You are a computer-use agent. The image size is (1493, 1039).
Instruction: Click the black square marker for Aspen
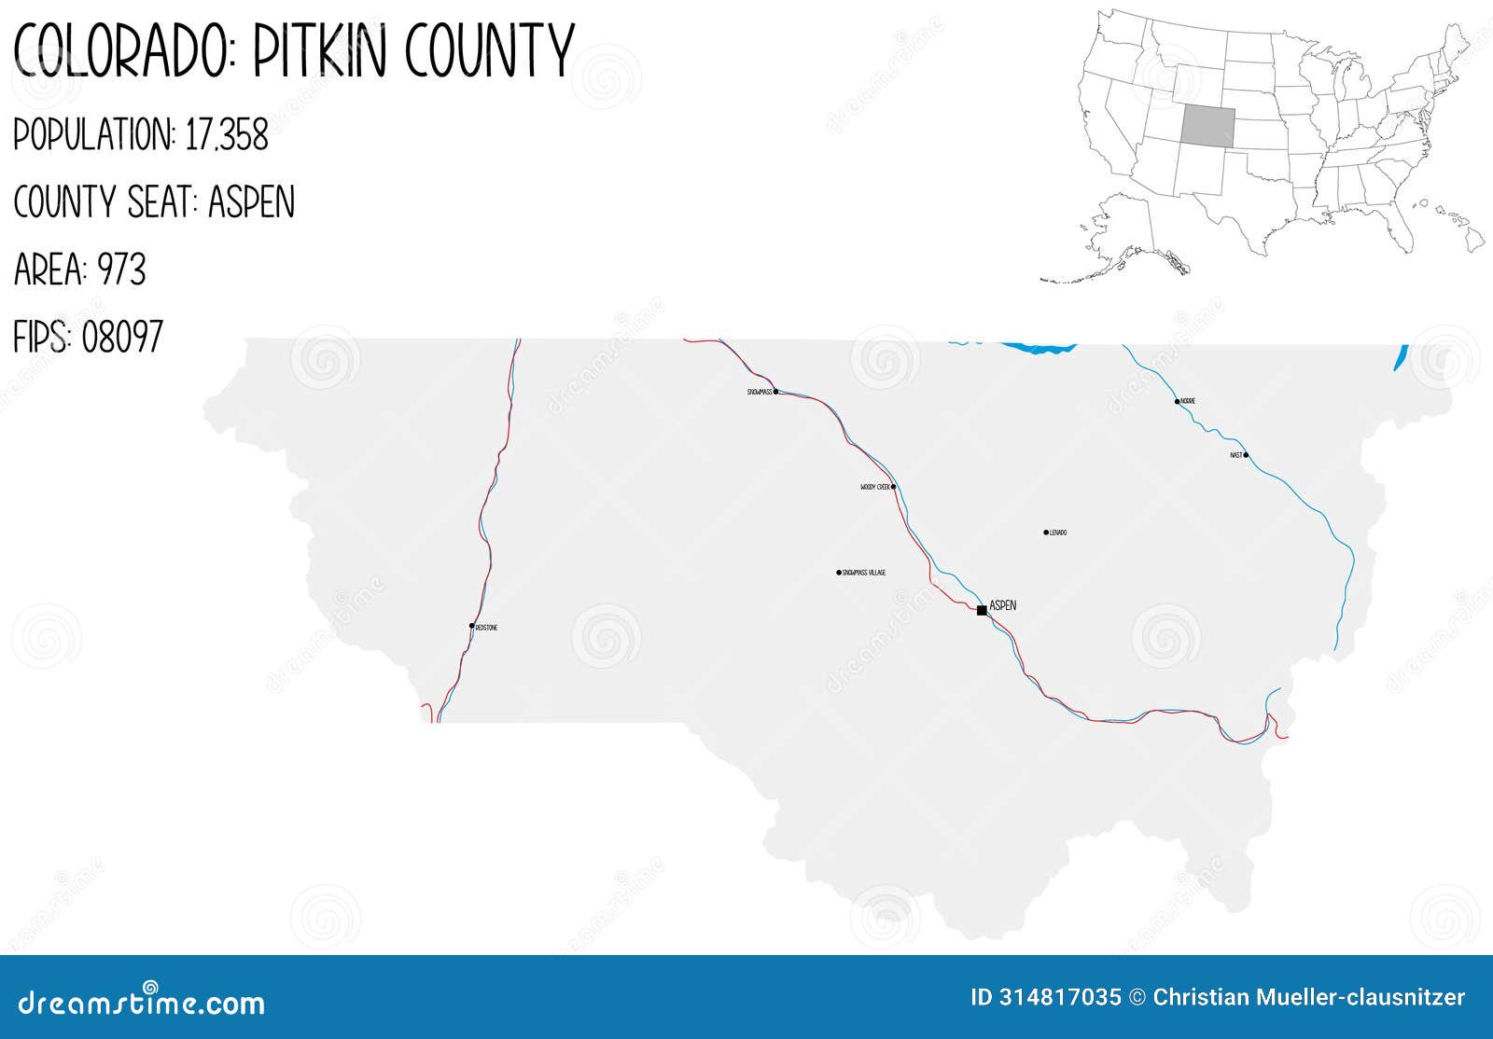click(982, 610)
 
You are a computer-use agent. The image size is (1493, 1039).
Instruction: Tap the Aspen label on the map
click(1003, 605)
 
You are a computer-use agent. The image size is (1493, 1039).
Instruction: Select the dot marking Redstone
click(472, 626)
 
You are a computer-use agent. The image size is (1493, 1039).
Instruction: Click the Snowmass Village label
click(864, 573)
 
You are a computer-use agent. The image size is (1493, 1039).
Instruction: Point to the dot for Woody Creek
click(894, 486)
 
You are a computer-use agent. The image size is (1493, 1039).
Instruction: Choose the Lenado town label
click(1058, 533)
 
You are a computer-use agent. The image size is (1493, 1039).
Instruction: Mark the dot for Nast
click(1246, 455)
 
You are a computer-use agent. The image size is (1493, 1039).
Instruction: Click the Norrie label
click(1188, 402)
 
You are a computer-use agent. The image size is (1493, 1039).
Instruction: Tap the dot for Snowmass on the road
click(775, 392)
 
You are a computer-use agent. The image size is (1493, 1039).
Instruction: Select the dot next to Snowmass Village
click(839, 573)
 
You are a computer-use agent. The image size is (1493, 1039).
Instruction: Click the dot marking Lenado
click(1046, 533)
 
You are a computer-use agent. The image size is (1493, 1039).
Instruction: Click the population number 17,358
click(227, 135)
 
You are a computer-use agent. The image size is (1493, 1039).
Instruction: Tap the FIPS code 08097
click(122, 337)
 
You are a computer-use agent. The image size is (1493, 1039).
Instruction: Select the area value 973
click(122, 270)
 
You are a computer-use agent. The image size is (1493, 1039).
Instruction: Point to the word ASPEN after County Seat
click(251, 202)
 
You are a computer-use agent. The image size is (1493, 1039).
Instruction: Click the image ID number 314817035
click(1059, 998)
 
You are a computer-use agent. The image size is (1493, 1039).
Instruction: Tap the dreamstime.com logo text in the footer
click(139, 1003)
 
